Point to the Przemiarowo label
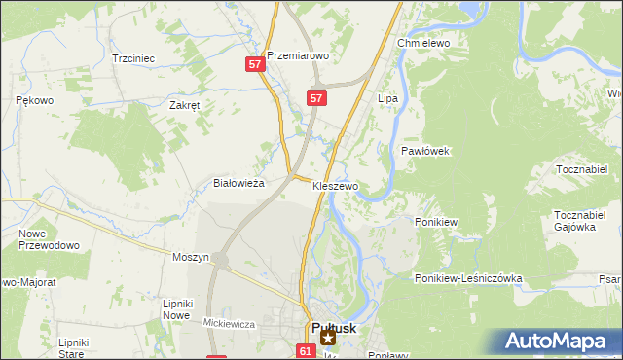pos(298,56)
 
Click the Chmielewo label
pos(421,44)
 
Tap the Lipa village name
pos(387,99)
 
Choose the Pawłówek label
pos(424,151)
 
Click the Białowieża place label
pos(239,183)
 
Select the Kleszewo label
pos(336,185)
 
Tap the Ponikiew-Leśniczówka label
pos(468,278)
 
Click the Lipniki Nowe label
pos(176,309)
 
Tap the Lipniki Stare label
pos(74,348)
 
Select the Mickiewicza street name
pos(229,322)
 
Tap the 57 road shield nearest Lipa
pos(316,98)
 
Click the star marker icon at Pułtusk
pos(328,339)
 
